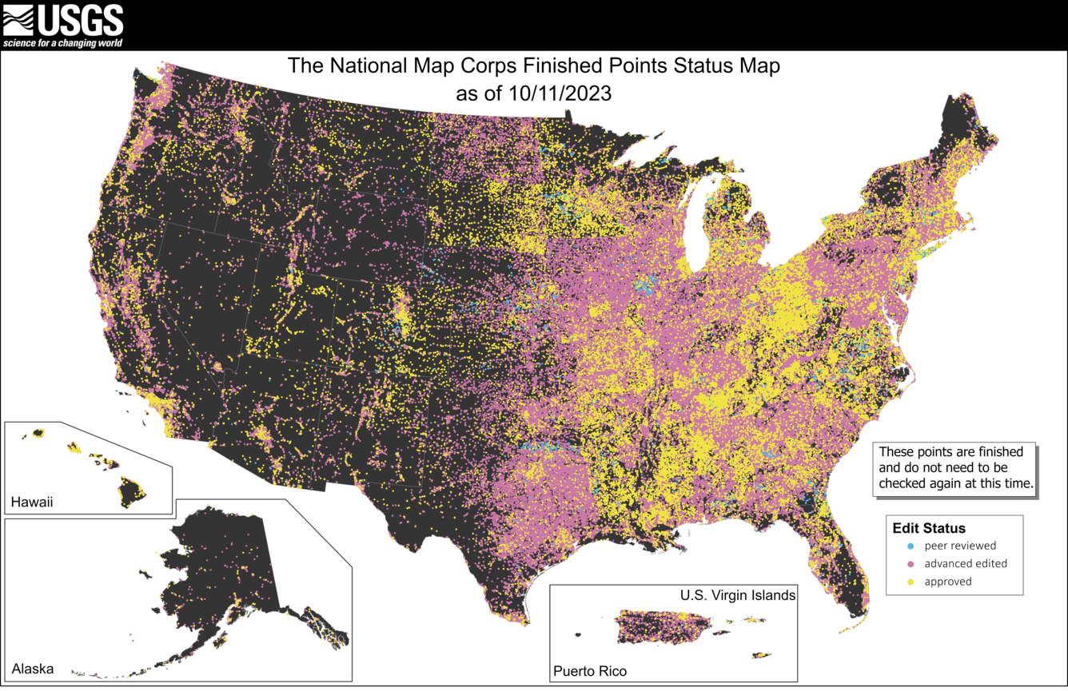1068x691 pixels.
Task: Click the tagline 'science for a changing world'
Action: tap(63, 42)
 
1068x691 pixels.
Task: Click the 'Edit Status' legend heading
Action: tap(929, 528)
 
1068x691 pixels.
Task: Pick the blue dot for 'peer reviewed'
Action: tap(911, 546)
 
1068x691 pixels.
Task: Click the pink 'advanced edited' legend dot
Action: tap(911, 564)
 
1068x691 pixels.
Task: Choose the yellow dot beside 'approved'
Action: tap(911, 582)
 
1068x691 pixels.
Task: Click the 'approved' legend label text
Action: tap(948, 582)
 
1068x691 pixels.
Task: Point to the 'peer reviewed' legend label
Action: tap(960, 546)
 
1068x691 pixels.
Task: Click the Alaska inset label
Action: tap(33, 668)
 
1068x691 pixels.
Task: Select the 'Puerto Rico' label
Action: tap(590, 671)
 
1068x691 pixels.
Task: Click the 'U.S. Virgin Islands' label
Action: tap(737, 595)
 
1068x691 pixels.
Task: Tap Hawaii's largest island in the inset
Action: tap(132, 489)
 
